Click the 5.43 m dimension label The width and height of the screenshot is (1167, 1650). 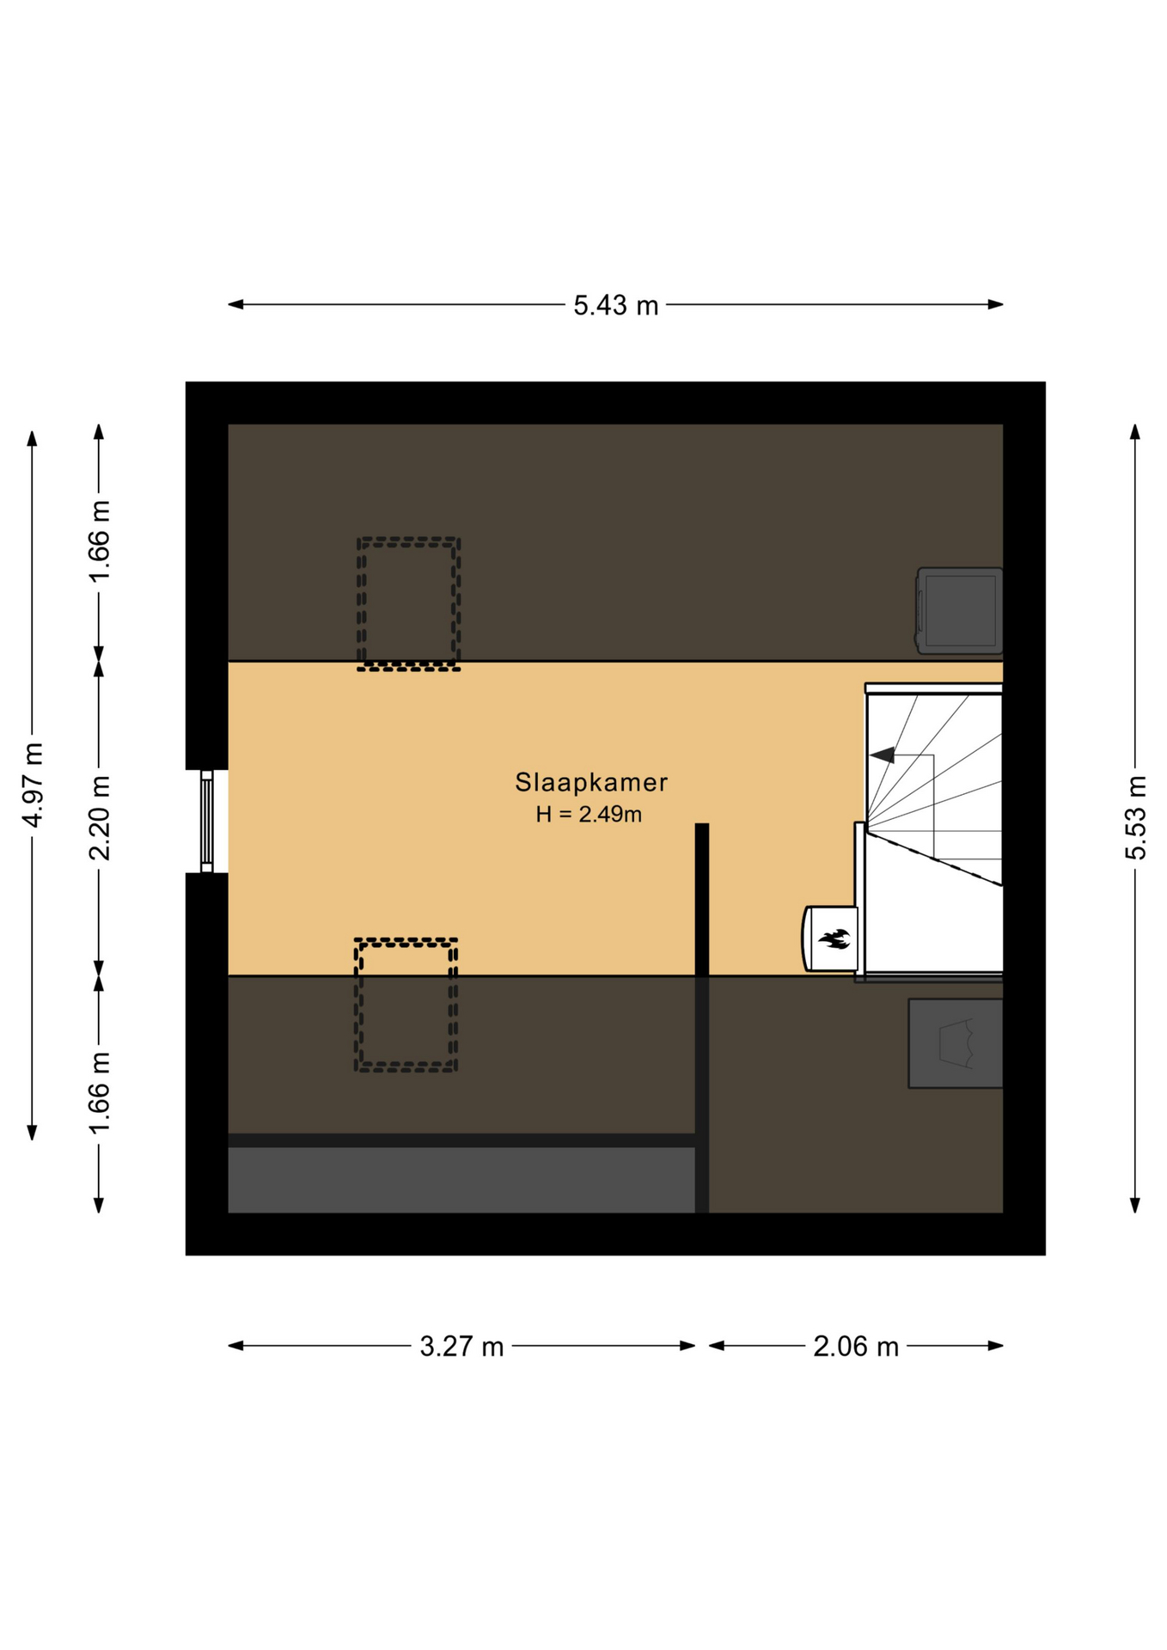(615, 305)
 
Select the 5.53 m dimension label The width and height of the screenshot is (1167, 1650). (1135, 817)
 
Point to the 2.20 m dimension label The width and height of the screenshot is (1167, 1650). (100, 817)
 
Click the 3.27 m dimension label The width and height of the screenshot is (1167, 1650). (461, 1347)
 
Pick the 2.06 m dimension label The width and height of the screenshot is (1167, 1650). (856, 1347)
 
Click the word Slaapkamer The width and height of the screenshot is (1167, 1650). (591, 782)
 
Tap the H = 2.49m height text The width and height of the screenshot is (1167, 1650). (589, 814)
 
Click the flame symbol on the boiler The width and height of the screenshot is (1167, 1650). (834, 938)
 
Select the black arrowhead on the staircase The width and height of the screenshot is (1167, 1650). (882, 755)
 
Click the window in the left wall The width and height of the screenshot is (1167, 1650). (207, 822)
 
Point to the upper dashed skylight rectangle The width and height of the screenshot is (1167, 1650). (409, 604)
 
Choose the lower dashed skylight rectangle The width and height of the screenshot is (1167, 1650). (406, 1005)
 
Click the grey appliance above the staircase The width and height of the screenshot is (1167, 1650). (959, 611)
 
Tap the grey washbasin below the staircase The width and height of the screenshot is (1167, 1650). (956, 1043)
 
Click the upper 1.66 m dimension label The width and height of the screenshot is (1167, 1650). (100, 541)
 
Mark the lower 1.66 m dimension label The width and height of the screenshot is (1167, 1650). (100, 1092)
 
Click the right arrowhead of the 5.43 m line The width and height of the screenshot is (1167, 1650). (996, 304)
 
